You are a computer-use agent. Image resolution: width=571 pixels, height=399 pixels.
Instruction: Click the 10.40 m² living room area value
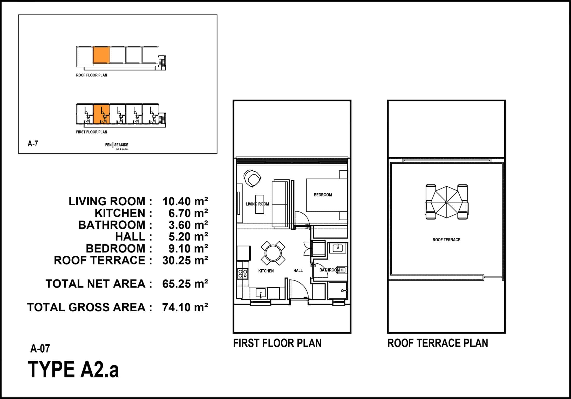[185, 201]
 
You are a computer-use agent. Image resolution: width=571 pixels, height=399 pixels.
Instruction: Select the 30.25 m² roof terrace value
[185, 260]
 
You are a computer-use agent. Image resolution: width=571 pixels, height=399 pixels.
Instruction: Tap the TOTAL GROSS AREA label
[90, 307]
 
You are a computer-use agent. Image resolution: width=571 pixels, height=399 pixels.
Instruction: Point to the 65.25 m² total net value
[185, 284]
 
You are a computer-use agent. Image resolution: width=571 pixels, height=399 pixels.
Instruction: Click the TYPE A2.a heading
[73, 370]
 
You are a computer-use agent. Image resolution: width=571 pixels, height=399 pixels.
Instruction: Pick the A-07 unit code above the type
[40, 349]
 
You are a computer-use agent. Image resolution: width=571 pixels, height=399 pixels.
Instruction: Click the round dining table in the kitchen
[273, 253]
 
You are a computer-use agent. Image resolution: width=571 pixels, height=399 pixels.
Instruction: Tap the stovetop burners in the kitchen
[243, 273]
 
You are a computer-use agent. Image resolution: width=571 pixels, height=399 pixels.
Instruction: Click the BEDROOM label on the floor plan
[323, 195]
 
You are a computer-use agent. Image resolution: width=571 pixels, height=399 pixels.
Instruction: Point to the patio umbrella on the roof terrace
[446, 202]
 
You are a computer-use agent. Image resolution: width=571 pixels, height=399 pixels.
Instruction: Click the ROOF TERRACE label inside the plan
[446, 240]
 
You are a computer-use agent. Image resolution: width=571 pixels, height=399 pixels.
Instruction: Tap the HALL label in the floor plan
[298, 271]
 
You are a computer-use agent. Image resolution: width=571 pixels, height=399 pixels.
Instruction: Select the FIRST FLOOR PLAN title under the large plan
[277, 343]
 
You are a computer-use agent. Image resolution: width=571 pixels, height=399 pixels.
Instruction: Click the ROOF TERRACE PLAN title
[438, 343]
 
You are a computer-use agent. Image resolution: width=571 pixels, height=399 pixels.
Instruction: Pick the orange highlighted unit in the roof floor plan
[101, 55]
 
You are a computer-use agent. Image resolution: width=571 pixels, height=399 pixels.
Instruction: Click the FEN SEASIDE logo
[117, 146]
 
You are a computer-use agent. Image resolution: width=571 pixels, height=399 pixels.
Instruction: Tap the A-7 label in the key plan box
[33, 144]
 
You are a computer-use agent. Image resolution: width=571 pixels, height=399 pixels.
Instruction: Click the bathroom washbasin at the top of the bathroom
[337, 248]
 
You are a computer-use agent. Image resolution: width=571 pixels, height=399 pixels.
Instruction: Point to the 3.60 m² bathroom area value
[188, 225]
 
